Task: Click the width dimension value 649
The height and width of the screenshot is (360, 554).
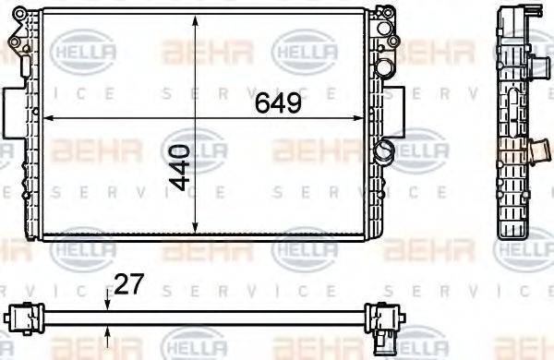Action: pyautogui.click(x=279, y=104)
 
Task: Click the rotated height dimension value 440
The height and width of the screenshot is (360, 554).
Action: pyautogui.click(x=182, y=166)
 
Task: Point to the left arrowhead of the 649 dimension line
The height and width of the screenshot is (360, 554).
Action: pyautogui.click(x=48, y=119)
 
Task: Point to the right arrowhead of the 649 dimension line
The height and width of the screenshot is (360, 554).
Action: pyautogui.click(x=372, y=119)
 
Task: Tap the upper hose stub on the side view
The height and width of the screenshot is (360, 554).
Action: pyautogui.click(x=536, y=18)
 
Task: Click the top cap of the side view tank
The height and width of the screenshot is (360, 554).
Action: pyautogui.click(x=512, y=10)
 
